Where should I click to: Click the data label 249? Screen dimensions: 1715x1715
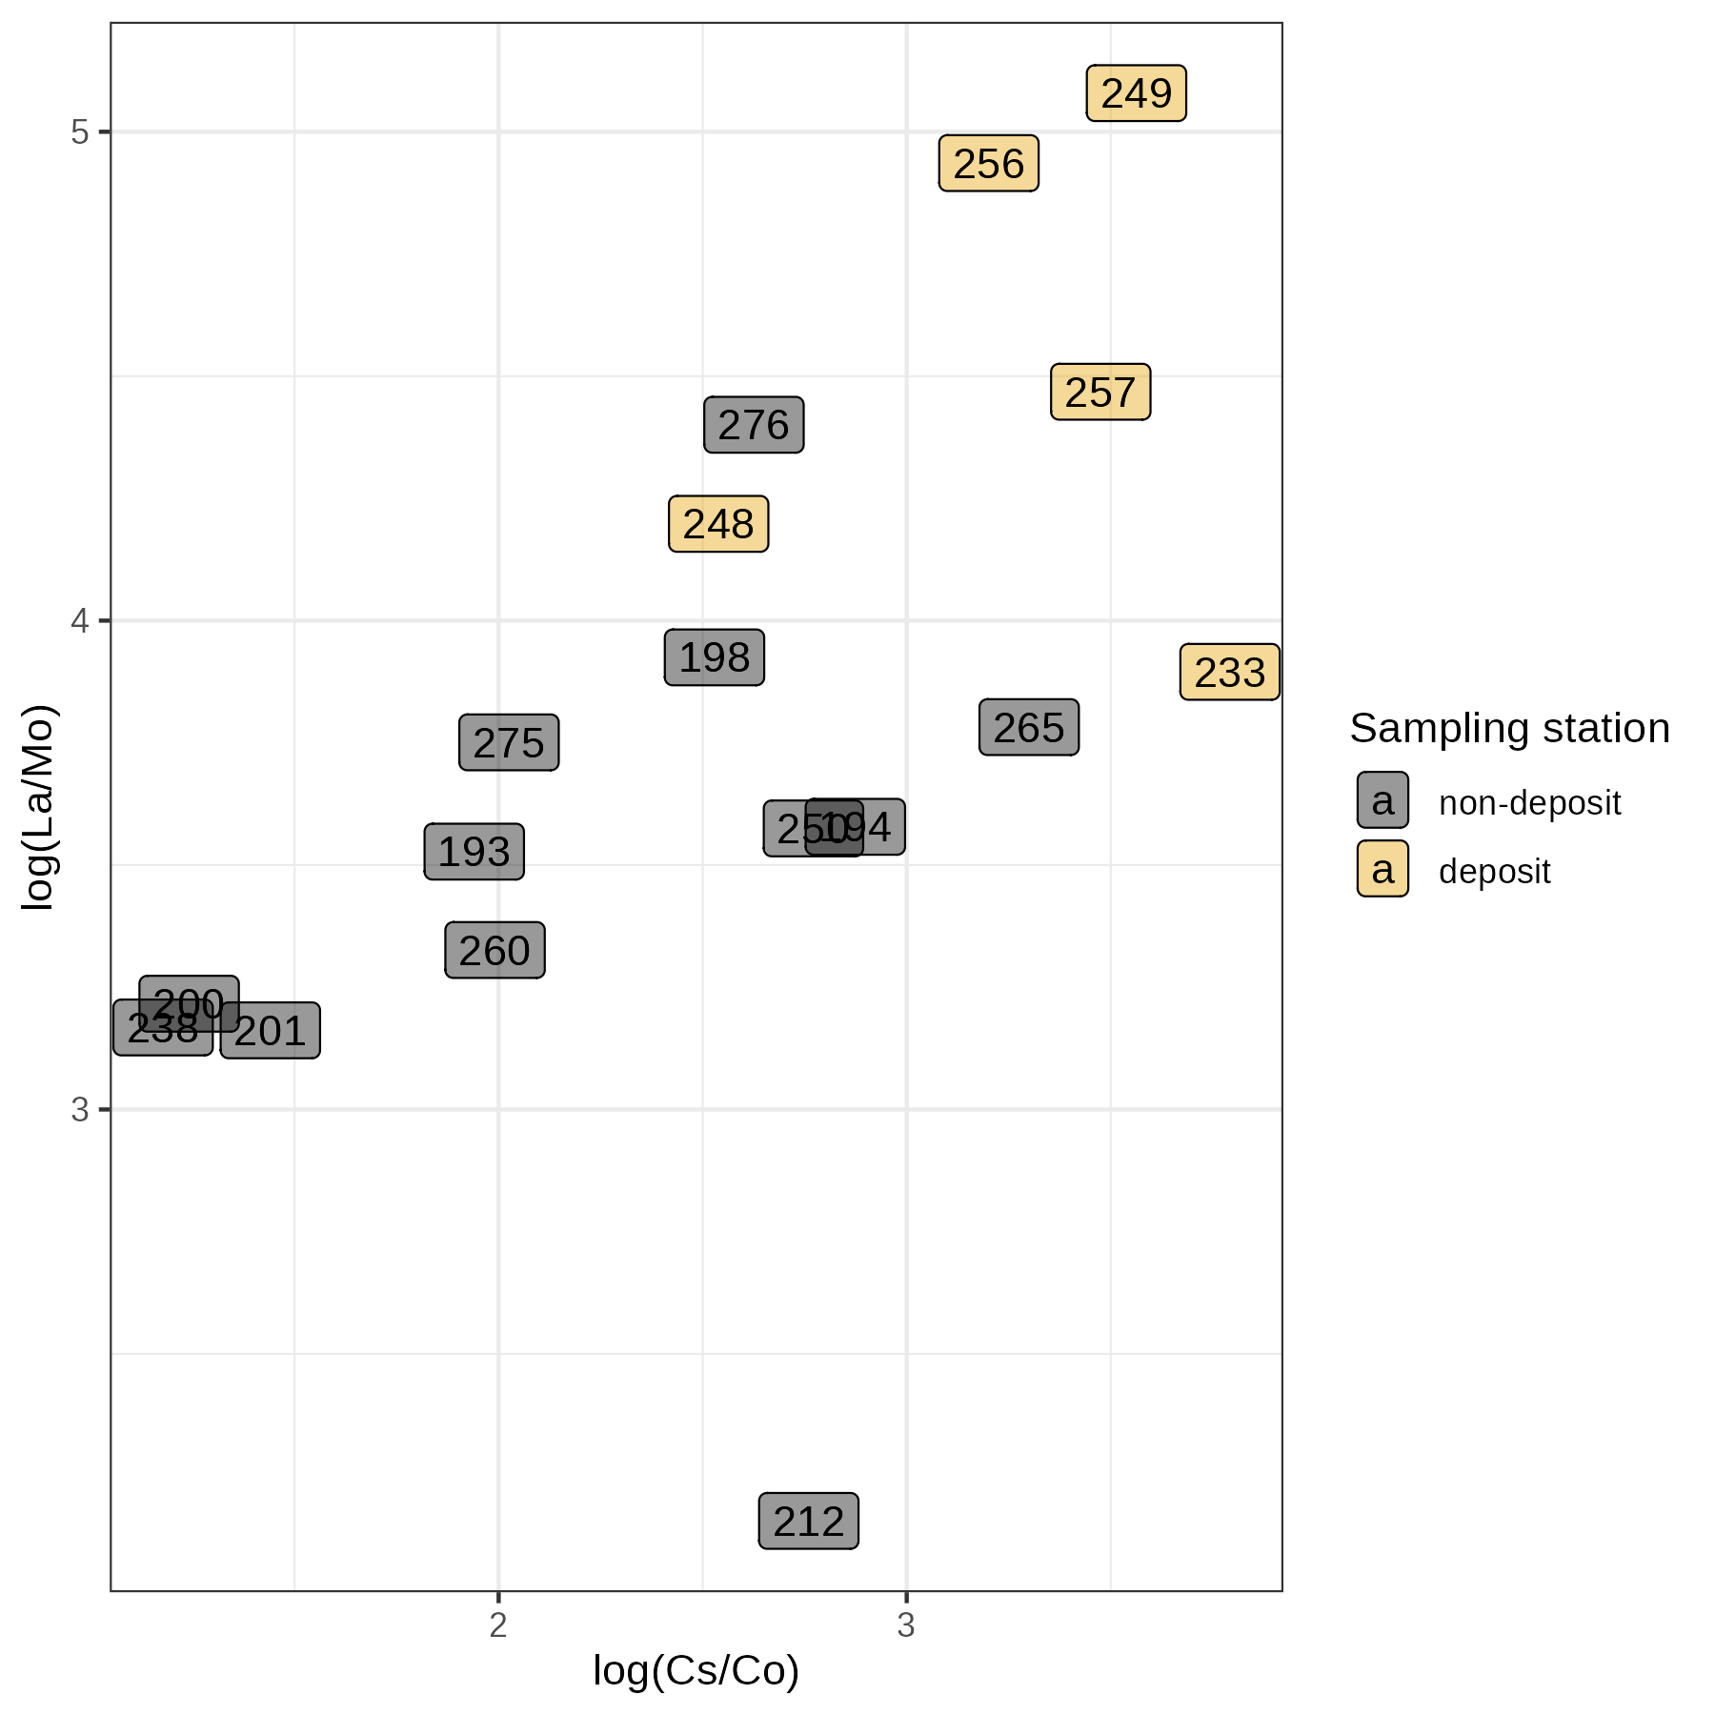(1136, 93)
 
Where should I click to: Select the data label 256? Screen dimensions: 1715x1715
(988, 164)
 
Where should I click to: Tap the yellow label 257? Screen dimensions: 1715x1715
(1100, 393)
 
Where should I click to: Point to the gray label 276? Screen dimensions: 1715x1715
(754, 425)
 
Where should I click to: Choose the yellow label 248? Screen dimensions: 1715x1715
(718, 524)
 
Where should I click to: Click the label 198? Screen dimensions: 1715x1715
(714, 657)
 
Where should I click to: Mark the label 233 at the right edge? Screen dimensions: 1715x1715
(1229, 673)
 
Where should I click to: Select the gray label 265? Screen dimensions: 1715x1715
(1029, 728)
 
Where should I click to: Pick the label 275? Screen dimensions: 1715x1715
(509, 743)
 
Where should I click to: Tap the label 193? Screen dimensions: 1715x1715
(474, 852)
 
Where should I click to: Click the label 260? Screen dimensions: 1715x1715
(494, 951)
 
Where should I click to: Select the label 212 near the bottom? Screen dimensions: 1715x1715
(808, 1522)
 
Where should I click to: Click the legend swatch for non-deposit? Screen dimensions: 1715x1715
(1382, 800)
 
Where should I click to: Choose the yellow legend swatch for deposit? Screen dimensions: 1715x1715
(1382, 869)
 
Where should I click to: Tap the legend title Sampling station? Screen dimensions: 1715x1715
(1509, 728)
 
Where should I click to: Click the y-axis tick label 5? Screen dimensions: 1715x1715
(80, 131)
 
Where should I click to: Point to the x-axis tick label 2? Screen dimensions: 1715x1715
(498, 1625)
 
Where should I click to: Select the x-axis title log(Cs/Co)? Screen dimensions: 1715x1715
(696, 1669)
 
